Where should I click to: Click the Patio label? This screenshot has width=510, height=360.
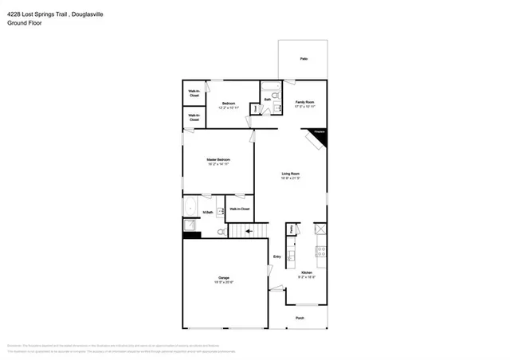pyautogui.click(x=303, y=59)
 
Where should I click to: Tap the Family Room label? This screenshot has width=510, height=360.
pyautogui.click(x=304, y=102)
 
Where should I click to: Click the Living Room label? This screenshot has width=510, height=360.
pyautogui.click(x=289, y=174)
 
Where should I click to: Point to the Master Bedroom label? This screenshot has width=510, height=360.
pyautogui.click(x=218, y=160)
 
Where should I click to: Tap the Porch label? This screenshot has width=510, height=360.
pyautogui.click(x=300, y=318)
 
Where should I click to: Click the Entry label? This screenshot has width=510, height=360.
pyautogui.click(x=277, y=256)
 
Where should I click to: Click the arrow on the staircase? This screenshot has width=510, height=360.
pyautogui.click(x=249, y=232)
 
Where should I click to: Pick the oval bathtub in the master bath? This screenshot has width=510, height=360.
pyautogui.click(x=190, y=209)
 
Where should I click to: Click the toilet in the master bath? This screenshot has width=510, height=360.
pyautogui.click(x=220, y=231)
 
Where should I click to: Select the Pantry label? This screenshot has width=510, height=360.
pyautogui.click(x=292, y=229)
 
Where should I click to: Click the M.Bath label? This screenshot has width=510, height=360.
pyautogui.click(x=206, y=212)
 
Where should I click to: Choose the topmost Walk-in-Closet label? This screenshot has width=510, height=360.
pyautogui.click(x=194, y=92)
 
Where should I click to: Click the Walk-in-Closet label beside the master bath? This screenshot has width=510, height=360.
pyautogui.click(x=239, y=209)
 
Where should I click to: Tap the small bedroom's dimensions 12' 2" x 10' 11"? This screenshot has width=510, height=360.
pyautogui.click(x=228, y=108)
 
